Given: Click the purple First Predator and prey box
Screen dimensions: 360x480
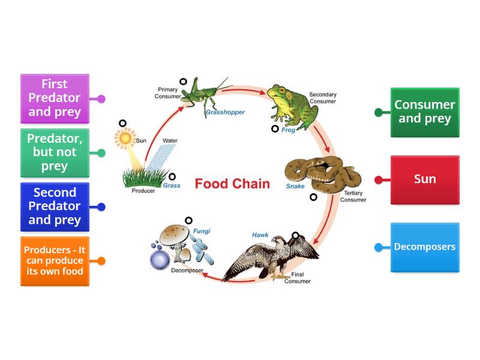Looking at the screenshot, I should (55, 98).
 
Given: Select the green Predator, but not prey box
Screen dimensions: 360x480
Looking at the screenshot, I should (55, 152).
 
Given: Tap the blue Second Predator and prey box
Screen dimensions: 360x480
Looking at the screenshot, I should (55, 206).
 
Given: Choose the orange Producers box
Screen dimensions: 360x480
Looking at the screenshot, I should (55, 261).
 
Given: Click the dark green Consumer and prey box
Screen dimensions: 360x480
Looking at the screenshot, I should (425, 112).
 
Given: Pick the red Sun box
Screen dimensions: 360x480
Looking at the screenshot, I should (425, 179).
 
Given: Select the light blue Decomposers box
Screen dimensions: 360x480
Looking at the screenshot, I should (425, 247).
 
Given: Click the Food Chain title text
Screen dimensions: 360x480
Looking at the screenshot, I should (232, 184).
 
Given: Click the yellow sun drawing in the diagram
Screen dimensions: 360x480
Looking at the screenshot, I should (125, 139).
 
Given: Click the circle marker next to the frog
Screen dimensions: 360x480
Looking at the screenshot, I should (275, 128).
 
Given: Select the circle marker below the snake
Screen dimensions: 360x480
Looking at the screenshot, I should (313, 197).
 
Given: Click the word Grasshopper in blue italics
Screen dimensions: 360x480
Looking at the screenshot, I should (225, 112).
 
